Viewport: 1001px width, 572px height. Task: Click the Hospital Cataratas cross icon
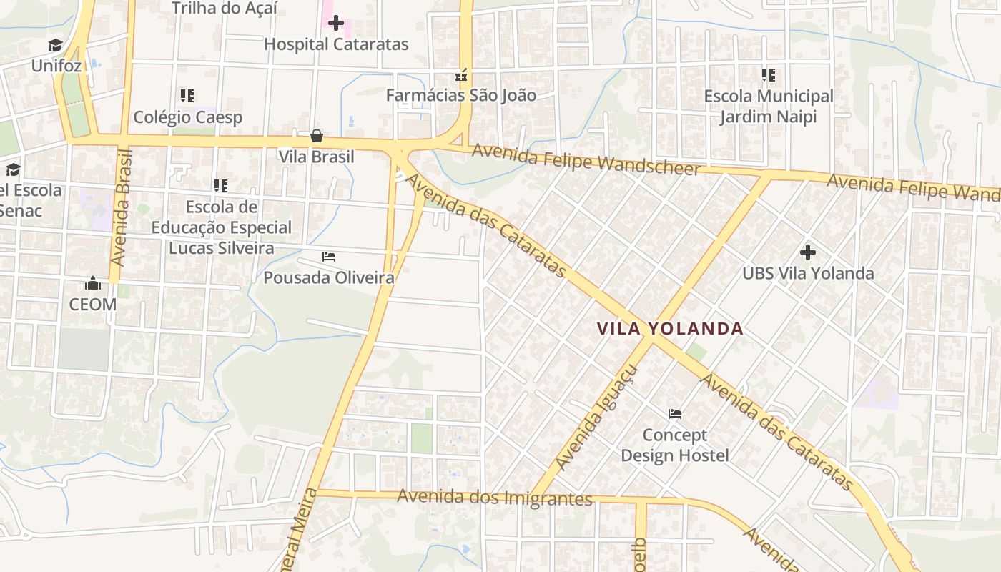[335, 24]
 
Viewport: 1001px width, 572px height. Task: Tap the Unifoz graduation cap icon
[55, 46]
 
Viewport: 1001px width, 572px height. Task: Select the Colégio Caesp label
[188, 117]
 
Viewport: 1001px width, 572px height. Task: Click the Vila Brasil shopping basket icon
[316, 136]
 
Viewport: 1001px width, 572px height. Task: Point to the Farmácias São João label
[460, 95]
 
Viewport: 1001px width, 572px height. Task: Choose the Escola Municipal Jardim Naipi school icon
[769, 75]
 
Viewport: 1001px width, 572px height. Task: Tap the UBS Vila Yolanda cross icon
[808, 252]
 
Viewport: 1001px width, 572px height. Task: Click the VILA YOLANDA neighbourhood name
[670, 329]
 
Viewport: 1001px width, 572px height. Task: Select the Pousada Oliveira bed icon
[329, 256]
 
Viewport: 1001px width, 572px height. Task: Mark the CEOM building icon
[92, 284]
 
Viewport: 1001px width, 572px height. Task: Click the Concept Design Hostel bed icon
[674, 414]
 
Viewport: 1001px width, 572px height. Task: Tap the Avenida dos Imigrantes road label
[495, 497]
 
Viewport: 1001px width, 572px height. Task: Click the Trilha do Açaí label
[224, 9]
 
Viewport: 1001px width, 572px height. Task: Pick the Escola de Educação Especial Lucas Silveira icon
[221, 186]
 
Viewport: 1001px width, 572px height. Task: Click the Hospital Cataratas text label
[336, 44]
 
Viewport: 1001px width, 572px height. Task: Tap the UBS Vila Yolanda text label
[808, 273]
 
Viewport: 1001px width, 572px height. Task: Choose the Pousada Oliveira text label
[329, 277]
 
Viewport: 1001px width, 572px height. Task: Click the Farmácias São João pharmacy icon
[461, 74]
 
